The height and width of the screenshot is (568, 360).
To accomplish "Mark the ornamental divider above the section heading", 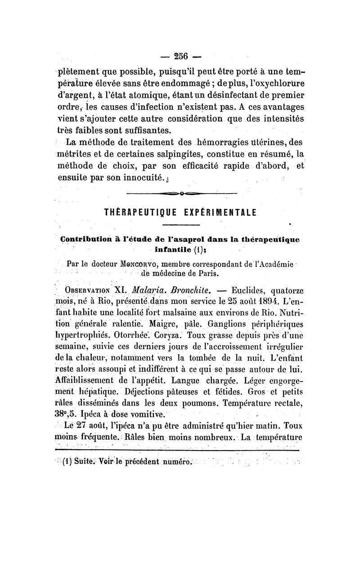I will [x=182, y=194].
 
